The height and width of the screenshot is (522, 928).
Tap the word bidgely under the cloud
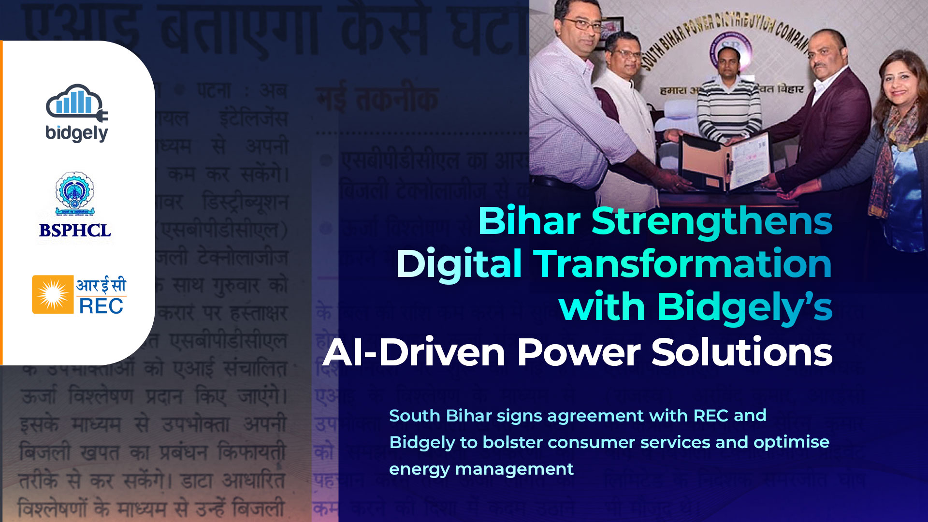pyautogui.click(x=76, y=133)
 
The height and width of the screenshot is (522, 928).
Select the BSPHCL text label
pyautogui.click(x=75, y=231)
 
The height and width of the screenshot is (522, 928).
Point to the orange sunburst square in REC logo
pyautogui.click(x=53, y=294)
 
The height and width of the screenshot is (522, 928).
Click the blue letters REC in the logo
pyautogui.click(x=101, y=306)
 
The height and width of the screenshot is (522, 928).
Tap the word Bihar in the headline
pyautogui.click(x=529, y=221)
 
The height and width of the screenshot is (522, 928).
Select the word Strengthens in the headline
pyautogui.click(x=711, y=221)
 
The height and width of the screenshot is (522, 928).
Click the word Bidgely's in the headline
pyautogui.click(x=744, y=307)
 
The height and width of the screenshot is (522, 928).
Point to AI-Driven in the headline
pyautogui.click(x=414, y=352)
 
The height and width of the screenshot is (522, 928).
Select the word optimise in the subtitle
pyautogui.click(x=791, y=442)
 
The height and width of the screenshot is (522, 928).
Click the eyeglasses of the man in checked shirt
pyautogui.click(x=583, y=25)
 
